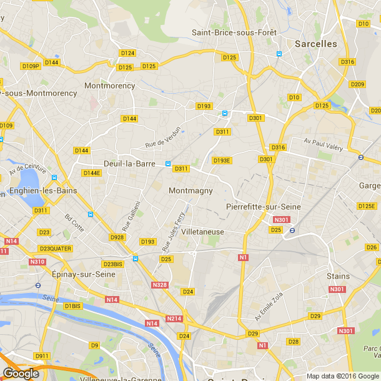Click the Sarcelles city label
pos(315,44)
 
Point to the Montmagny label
pos(190,190)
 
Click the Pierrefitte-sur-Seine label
pos(263,206)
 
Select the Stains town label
pos(338,275)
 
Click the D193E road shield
pos(222,161)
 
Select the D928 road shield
pos(117,237)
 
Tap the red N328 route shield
pos(159,285)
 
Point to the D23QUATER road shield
pos(54,249)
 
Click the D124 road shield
pos(127,53)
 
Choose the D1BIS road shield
pos(72,306)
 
